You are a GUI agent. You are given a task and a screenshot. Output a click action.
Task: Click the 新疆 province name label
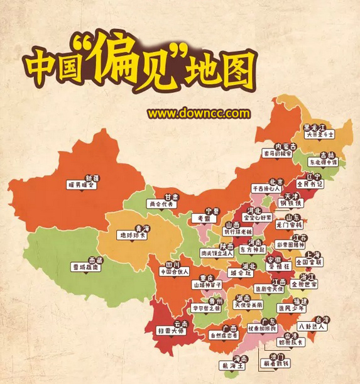(92, 178)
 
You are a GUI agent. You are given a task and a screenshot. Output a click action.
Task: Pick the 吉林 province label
(327, 155)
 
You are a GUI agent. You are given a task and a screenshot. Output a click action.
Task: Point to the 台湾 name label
(322, 319)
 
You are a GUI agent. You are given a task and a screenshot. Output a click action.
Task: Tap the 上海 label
(315, 254)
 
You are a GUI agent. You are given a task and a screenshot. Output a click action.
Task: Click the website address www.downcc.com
(199, 114)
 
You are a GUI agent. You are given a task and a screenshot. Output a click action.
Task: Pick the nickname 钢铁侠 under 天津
(290, 203)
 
